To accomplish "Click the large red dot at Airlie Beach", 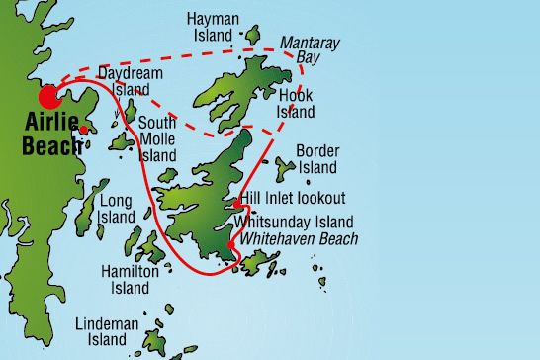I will (x=48, y=96).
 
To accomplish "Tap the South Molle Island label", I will (x=157, y=139).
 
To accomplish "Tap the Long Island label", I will (x=117, y=209).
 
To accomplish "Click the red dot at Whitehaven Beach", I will (x=230, y=245).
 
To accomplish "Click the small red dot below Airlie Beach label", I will (x=83, y=130).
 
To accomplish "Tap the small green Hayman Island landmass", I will (x=251, y=37).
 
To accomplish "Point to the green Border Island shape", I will (x=286, y=169).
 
